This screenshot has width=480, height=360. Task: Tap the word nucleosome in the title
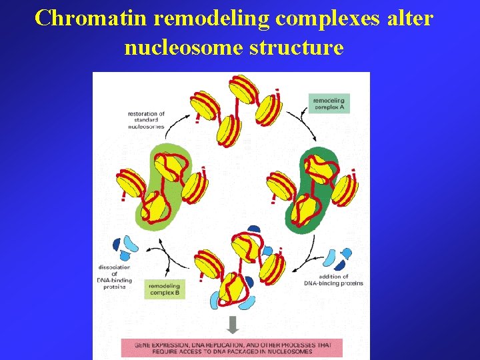coord(181,47)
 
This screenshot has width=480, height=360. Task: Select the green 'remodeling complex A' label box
coord(330,103)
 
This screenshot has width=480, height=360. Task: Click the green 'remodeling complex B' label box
coord(163,289)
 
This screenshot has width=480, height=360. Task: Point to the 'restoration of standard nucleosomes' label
coord(145,120)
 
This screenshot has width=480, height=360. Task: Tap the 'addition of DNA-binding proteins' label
coord(333,280)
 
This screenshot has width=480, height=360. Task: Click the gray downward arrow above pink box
coord(232,325)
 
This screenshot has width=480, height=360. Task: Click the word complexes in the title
coord(323,18)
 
